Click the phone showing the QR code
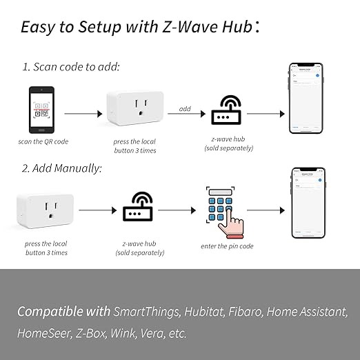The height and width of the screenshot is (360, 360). (x=43, y=109)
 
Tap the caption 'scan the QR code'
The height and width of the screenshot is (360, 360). (x=43, y=141)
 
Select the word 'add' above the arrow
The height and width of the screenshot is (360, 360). (x=184, y=109)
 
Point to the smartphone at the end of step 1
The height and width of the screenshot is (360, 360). (x=306, y=98)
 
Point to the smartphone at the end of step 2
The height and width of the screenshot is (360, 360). (x=308, y=203)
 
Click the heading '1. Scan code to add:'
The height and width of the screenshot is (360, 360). (x=71, y=67)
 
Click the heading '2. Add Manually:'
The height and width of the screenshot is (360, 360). (x=63, y=168)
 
